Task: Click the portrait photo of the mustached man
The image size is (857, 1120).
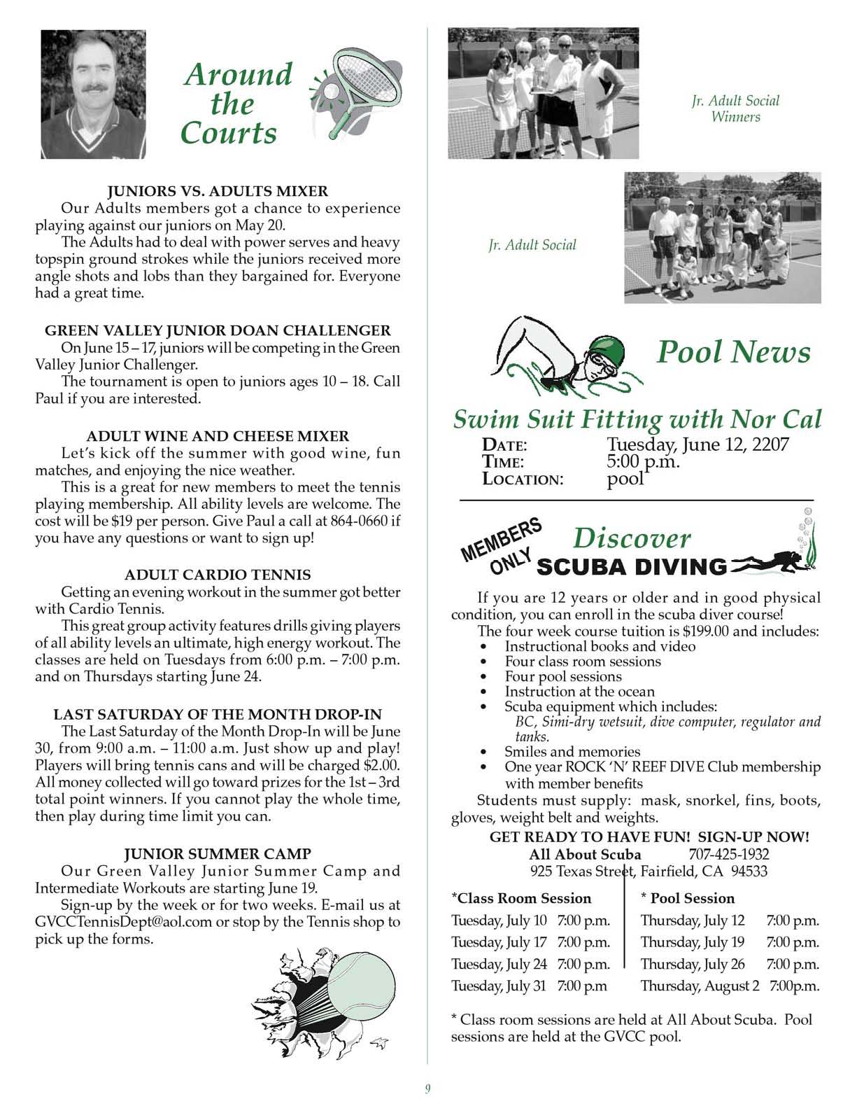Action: [x=93, y=94]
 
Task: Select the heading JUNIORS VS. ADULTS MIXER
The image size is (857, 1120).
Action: [x=218, y=191]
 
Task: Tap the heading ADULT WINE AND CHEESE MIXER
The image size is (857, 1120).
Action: [x=218, y=436]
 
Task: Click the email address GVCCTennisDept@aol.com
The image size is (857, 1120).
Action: [x=123, y=922]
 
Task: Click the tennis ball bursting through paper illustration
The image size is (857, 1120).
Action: [x=329, y=1001]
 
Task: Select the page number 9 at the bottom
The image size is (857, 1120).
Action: [x=427, y=1088]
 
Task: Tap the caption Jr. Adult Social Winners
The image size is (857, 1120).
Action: [x=735, y=108]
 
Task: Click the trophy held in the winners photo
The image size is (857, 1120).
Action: [x=539, y=70]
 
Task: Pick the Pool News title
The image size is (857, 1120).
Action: [x=733, y=351]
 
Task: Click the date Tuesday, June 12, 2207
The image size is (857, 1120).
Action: [x=697, y=444]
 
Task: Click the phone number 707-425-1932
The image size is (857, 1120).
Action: [x=729, y=854]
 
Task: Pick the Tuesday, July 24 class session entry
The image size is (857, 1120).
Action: [x=499, y=964]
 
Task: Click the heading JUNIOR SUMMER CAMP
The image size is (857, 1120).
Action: [x=218, y=854]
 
